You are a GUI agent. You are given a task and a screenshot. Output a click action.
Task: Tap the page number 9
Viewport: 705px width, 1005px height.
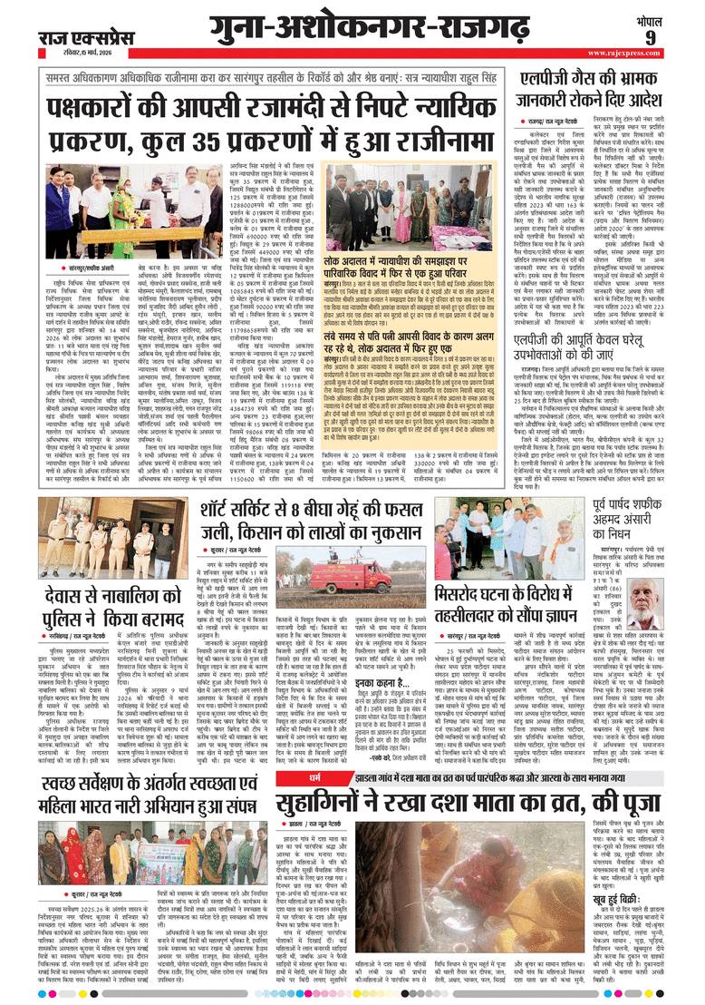click(675, 38)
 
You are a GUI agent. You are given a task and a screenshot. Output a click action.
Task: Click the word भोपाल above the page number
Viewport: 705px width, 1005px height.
click(675, 17)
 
